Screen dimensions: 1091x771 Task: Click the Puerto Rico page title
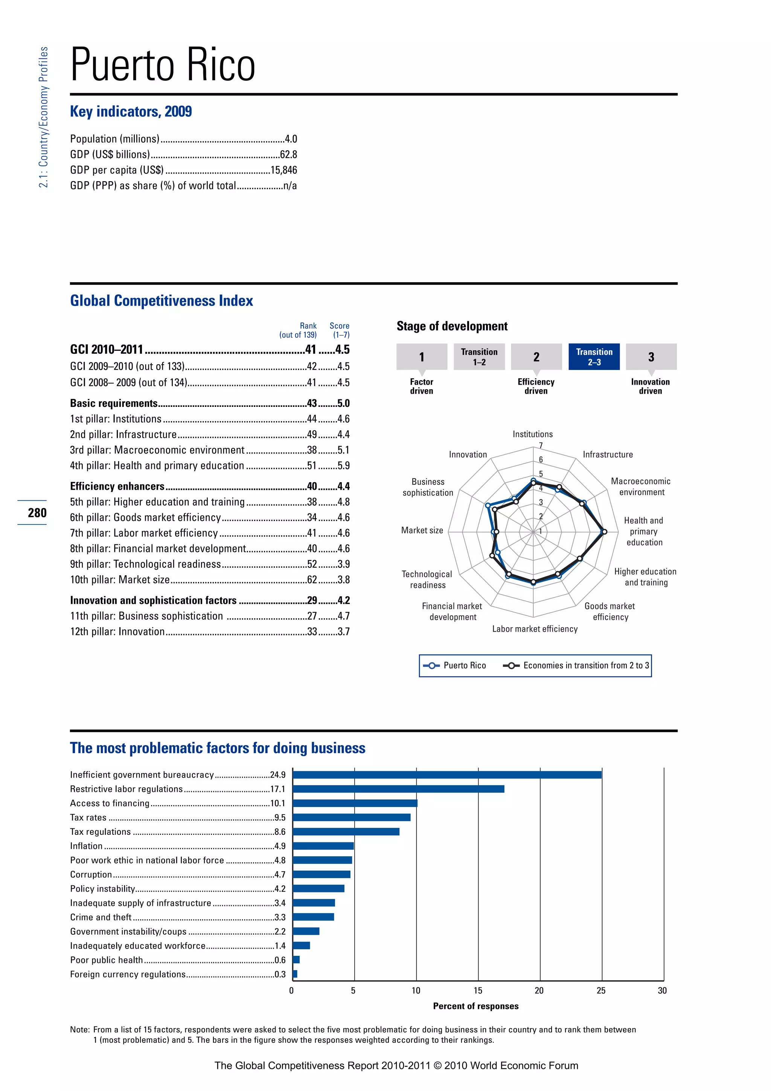click(x=163, y=65)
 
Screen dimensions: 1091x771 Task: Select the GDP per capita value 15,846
click(x=283, y=170)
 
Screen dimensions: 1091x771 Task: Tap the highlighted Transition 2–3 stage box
click(x=594, y=356)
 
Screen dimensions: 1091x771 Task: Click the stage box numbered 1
click(x=422, y=356)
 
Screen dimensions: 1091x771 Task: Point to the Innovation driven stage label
click(x=650, y=386)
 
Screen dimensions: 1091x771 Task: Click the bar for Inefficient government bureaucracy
click(x=447, y=775)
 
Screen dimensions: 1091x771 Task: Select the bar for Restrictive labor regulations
click(x=398, y=789)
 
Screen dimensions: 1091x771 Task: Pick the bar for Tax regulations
click(x=346, y=831)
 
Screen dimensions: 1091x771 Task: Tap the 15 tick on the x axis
click(x=478, y=990)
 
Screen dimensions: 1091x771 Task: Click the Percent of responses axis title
click(x=476, y=1006)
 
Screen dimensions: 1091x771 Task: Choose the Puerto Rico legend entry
click(x=454, y=665)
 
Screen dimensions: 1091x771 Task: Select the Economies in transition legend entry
click(x=576, y=665)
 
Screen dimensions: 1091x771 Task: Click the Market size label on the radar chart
click(x=422, y=530)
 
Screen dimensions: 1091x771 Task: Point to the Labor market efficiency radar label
click(x=535, y=629)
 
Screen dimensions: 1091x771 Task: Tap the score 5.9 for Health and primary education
click(x=343, y=466)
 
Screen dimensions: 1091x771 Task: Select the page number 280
click(x=37, y=513)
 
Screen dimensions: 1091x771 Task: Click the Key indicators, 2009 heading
click(x=131, y=111)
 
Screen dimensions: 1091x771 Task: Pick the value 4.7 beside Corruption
click(x=280, y=874)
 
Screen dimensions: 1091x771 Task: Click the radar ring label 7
click(x=541, y=445)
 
